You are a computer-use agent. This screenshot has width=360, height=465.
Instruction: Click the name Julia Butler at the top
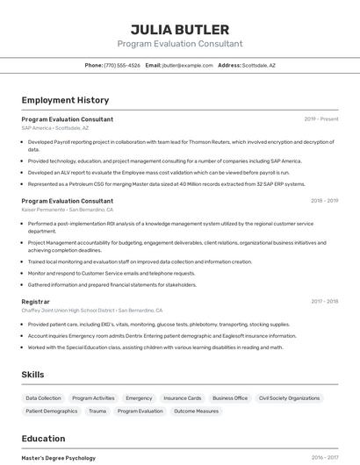[180, 30]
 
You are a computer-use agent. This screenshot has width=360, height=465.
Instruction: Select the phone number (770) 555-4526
[122, 65]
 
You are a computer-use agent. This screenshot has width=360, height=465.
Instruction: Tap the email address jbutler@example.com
[188, 65]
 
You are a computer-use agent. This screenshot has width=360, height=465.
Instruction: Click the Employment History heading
[65, 100]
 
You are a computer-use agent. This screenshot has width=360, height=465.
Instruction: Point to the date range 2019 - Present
[321, 119]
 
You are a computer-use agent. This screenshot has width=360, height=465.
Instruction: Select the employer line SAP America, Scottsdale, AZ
[54, 128]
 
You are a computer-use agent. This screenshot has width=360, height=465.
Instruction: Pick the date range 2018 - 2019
[325, 201]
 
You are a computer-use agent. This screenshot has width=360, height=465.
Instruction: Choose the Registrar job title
[35, 301]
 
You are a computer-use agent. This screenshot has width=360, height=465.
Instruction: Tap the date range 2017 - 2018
[325, 301]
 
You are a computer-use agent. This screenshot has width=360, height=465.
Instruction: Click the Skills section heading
[32, 375]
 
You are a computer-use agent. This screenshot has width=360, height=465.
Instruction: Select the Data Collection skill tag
[44, 398]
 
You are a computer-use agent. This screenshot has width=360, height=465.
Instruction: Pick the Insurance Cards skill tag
[183, 398]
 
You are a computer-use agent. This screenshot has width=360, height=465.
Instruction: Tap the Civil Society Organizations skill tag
[289, 398]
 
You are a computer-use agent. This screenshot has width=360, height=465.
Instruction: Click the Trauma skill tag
[97, 411]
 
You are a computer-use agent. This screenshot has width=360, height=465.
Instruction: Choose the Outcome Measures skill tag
[196, 411]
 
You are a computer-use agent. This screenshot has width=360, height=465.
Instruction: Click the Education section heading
[43, 439]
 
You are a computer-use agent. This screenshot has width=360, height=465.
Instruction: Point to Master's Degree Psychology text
[59, 458]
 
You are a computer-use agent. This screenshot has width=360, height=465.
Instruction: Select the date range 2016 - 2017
[325, 458]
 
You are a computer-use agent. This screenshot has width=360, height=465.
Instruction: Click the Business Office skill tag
[230, 398]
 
